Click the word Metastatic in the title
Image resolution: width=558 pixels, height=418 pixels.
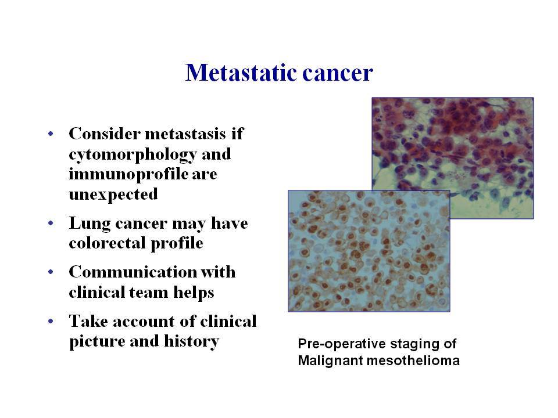(241, 73)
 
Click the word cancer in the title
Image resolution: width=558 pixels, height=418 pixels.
(338, 73)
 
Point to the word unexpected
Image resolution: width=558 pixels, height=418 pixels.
(113, 194)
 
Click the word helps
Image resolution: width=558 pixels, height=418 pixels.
(194, 293)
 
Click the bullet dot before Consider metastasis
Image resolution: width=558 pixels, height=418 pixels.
(51, 134)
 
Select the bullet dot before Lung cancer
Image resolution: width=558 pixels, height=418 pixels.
(51, 223)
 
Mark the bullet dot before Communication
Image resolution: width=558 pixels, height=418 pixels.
(51, 272)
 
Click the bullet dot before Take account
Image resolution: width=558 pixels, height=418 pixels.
(51, 321)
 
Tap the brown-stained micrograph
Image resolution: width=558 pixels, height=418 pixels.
(369, 251)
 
